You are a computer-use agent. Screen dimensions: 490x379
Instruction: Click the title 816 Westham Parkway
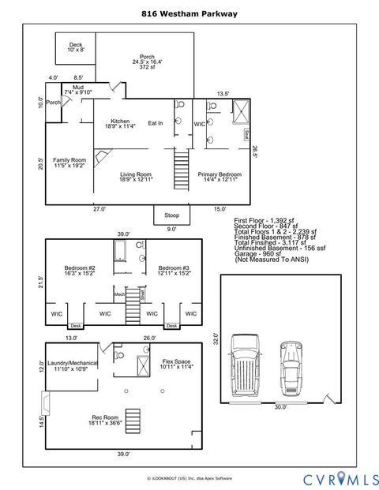pyautogui.click(x=189, y=13)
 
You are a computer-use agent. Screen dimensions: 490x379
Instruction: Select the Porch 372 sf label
pyautogui.click(x=147, y=62)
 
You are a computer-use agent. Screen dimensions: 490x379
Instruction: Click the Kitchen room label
pyautogui.click(x=120, y=123)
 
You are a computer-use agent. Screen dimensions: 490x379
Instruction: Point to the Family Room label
pyautogui.click(x=69, y=163)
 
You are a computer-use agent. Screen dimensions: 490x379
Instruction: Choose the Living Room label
pyautogui.click(x=136, y=177)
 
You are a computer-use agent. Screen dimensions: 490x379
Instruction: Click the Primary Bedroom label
pyautogui.click(x=220, y=177)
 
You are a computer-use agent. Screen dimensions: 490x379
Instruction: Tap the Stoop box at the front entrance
pyautogui.click(x=171, y=215)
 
